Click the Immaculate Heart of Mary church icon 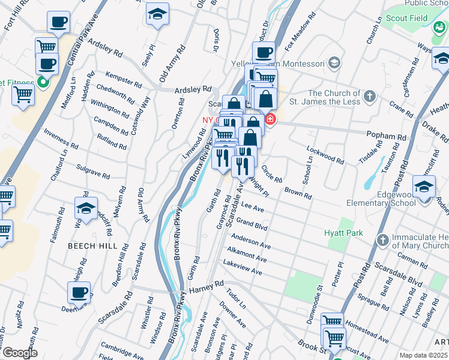[382, 241]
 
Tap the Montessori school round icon [334, 62]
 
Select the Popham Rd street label [393, 136]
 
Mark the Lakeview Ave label [242, 268]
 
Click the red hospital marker [270, 119]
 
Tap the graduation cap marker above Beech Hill [86, 208]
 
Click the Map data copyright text [423, 355]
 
